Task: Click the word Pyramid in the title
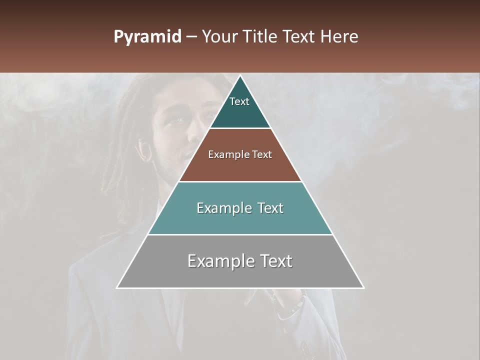[x=147, y=37]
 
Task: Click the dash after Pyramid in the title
[x=191, y=37]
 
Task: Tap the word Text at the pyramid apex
[x=239, y=101]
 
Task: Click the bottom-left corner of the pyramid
[x=117, y=287]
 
